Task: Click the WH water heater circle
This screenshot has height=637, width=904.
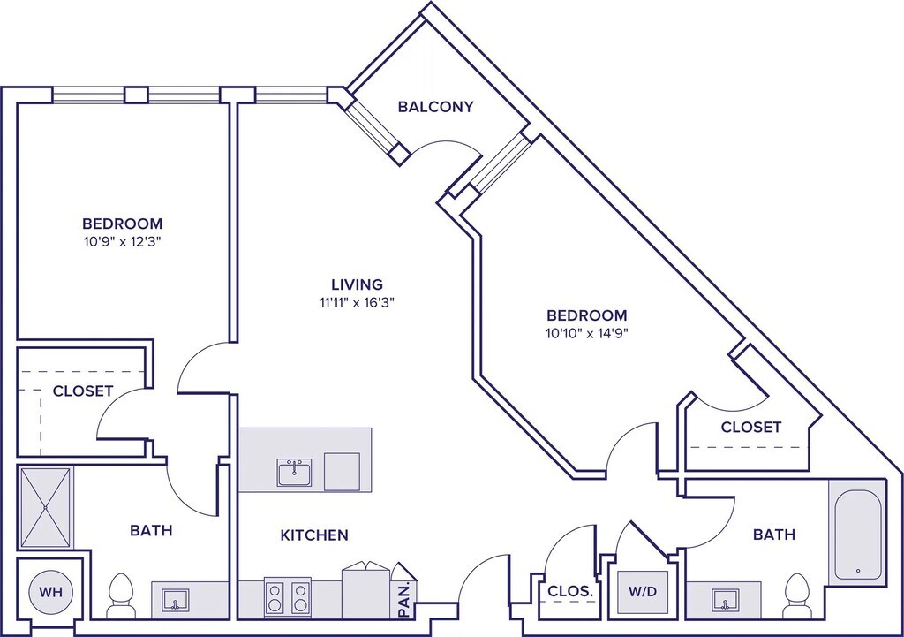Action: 50,592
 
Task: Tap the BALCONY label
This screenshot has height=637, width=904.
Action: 435,107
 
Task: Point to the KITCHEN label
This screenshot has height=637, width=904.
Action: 314,535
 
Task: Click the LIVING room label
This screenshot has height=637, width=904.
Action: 357,284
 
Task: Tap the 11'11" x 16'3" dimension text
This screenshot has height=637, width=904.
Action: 357,301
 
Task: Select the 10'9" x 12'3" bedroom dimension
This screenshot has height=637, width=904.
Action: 122,240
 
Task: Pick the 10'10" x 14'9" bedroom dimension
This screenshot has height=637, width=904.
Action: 587,333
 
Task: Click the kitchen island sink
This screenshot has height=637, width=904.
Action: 294,472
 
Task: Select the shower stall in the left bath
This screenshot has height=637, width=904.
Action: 45,507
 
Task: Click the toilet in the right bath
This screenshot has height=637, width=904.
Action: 796,594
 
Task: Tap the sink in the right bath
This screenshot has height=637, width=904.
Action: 723,601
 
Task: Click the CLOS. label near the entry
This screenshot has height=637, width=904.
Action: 569,591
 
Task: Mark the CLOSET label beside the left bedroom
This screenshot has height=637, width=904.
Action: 83,391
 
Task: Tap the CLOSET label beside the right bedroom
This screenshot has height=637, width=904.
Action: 751,427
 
